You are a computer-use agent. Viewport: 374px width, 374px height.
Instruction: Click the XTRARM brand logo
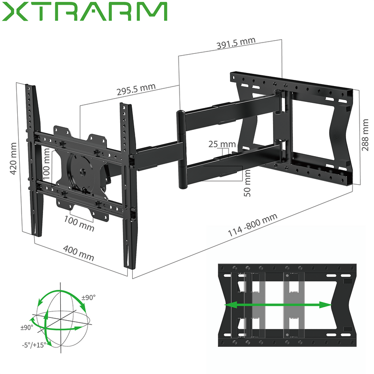[x=85, y=11]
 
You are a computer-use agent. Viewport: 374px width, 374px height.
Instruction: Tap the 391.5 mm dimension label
[x=236, y=43]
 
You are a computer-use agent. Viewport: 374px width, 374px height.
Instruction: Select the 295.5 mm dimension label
[x=136, y=89]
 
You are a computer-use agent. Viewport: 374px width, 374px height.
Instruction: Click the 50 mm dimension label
[x=248, y=183]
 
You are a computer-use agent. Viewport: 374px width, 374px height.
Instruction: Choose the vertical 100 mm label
[x=47, y=163]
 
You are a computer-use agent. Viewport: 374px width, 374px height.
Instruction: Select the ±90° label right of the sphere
[x=88, y=297]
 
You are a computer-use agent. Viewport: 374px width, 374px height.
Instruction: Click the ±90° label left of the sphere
[x=27, y=328]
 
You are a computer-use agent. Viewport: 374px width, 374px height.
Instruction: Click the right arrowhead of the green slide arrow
[x=328, y=304]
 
